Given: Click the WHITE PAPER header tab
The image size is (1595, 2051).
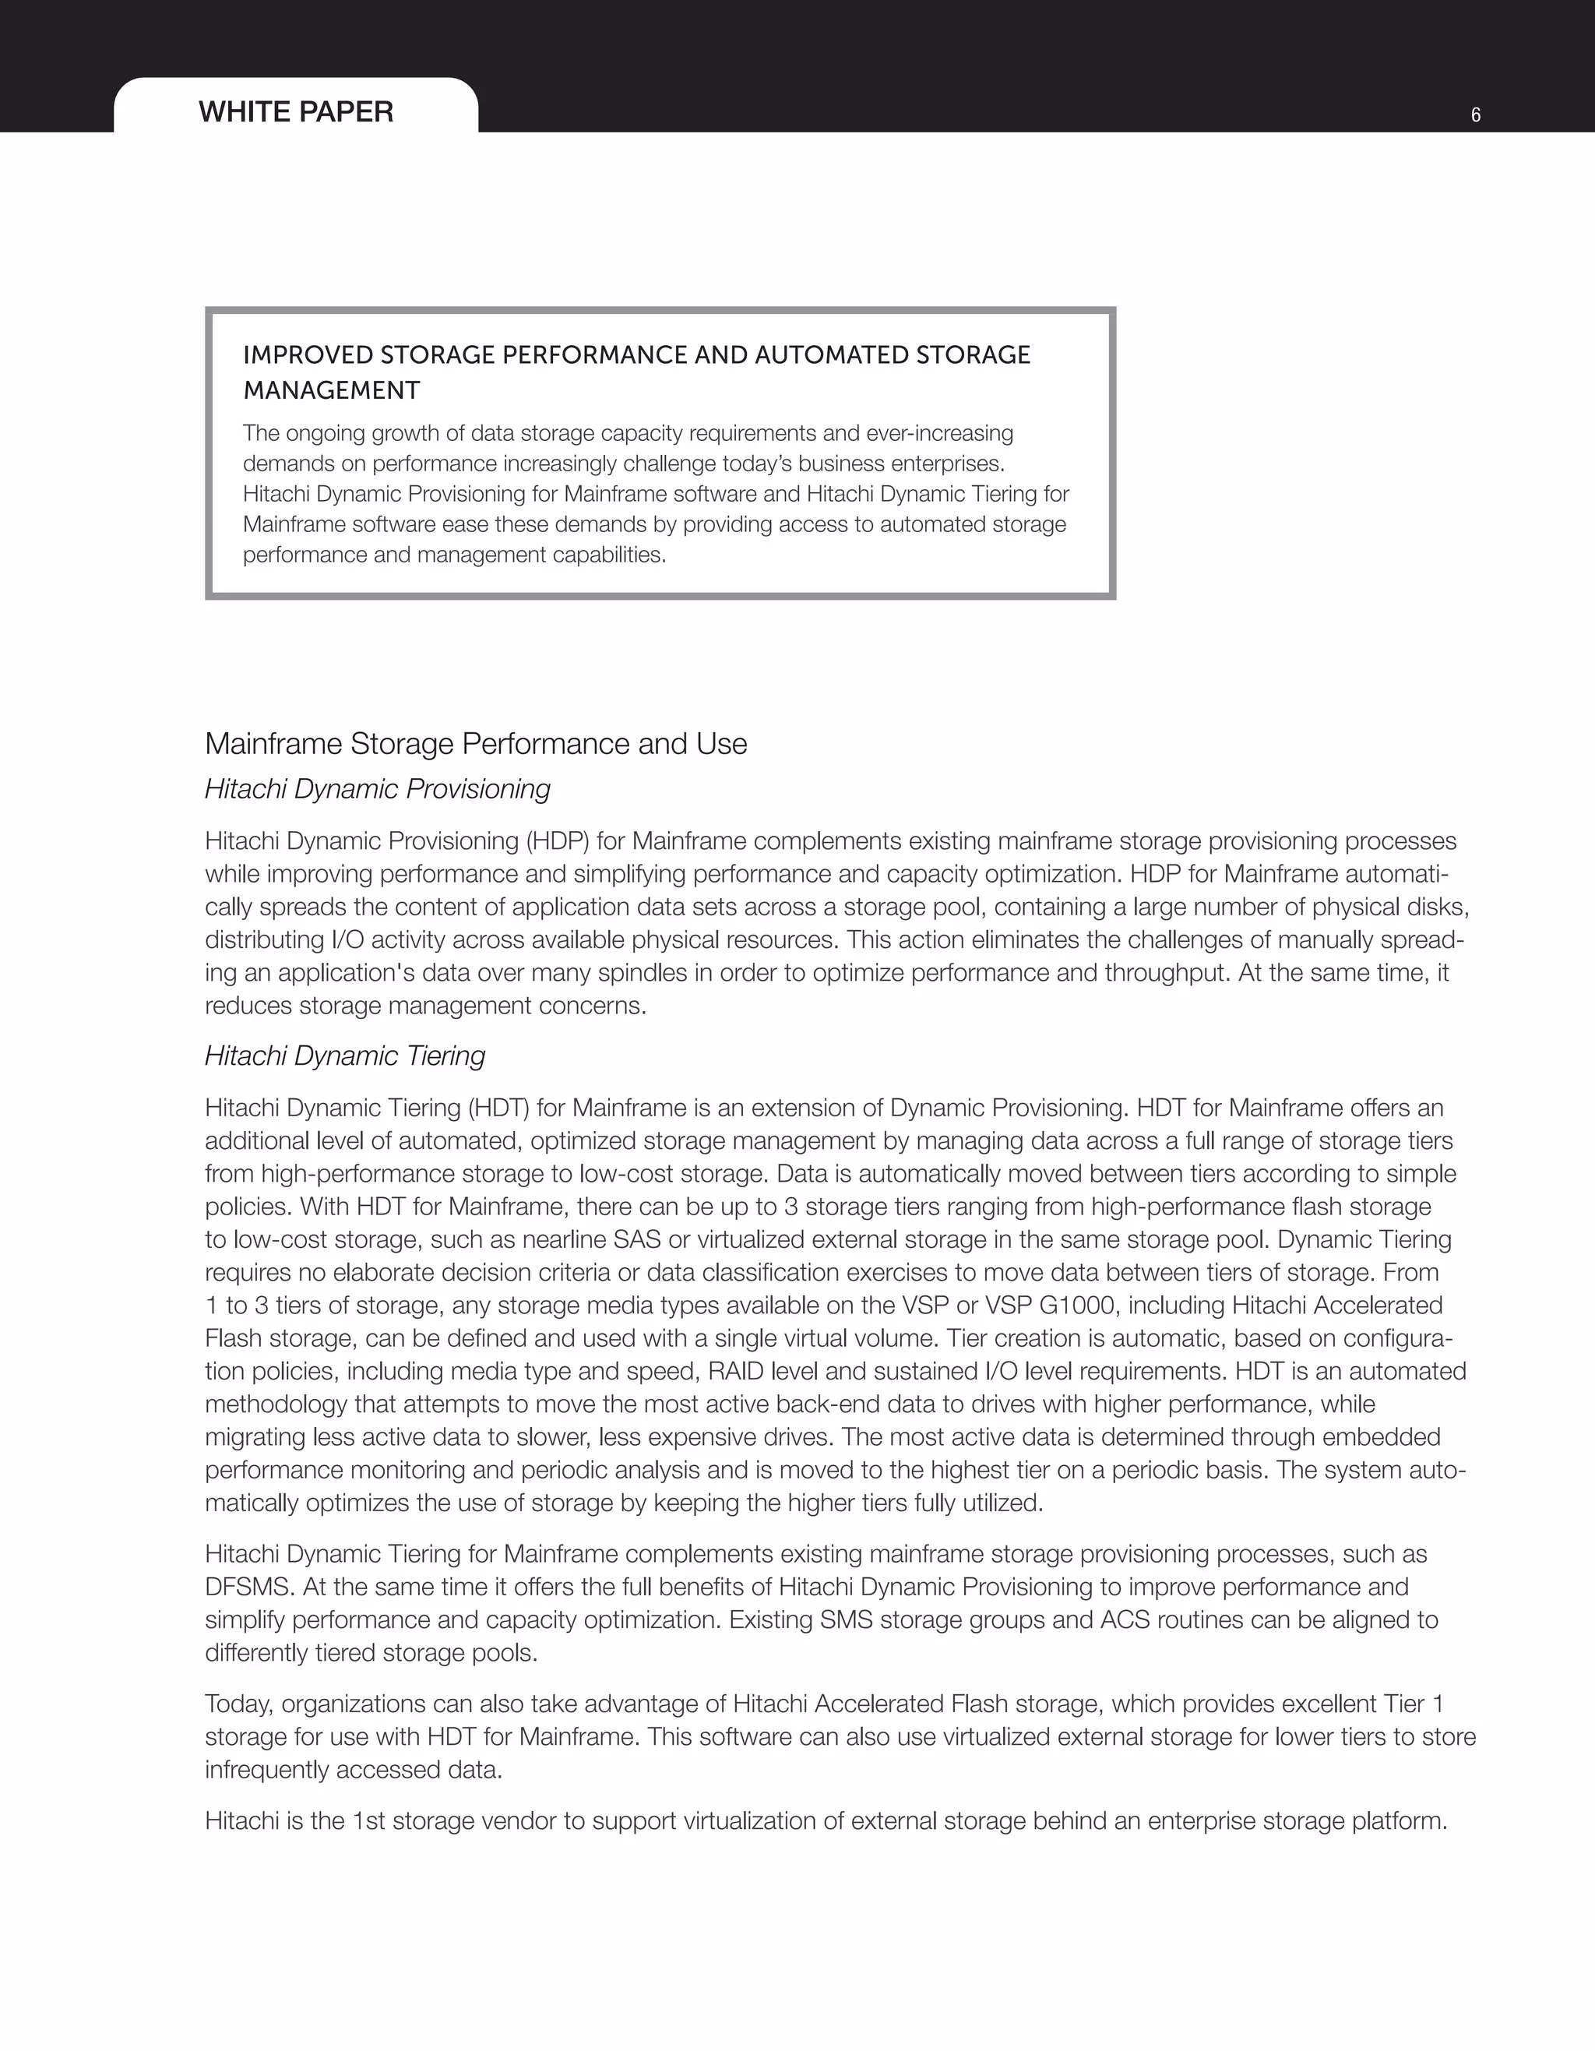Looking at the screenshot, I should (x=296, y=111).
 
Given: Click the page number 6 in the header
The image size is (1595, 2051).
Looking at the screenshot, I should (x=1476, y=115).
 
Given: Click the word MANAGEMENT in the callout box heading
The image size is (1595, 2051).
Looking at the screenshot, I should (x=332, y=391).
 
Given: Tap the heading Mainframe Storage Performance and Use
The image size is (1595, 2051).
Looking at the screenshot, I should (x=476, y=744).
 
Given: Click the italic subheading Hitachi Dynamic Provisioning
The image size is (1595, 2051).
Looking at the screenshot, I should (x=378, y=789).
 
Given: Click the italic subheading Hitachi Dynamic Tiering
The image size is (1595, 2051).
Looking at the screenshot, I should (x=344, y=1055).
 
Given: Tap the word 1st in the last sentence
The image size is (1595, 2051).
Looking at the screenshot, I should (x=369, y=1821).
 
